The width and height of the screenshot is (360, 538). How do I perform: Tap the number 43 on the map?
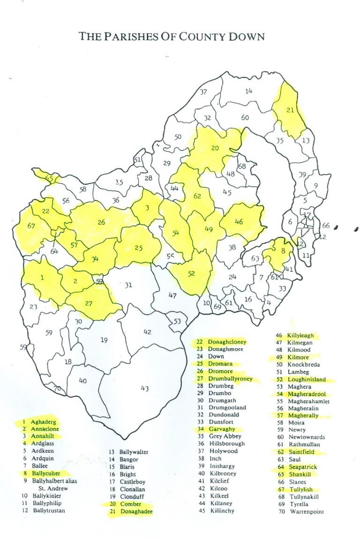144,388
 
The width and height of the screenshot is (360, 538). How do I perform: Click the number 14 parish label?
249,91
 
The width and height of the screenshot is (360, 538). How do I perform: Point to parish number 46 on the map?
239,221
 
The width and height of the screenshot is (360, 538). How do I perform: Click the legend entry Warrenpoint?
307,512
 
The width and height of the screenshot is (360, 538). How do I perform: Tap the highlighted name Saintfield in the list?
305,452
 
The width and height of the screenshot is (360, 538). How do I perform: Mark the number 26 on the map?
101,222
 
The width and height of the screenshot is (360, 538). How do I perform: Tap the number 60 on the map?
245,118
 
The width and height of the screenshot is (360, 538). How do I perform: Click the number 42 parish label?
147,332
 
